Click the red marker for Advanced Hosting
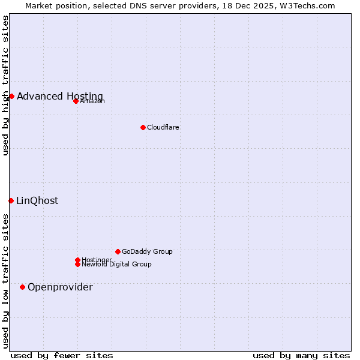click(x=11, y=96)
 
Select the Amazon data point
click(x=76, y=101)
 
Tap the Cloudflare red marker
click(x=143, y=127)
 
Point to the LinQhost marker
click(x=11, y=200)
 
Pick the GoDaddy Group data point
click(x=118, y=251)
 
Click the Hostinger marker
click(x=77, y=260)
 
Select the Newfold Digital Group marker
click(x=77, y=264)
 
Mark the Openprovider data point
click(x=22, y=287)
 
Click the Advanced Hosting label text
click(x=60, y=96)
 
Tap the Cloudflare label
click(x=163, y=127)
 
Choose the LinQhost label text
click(x=37, y=200)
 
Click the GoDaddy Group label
click(x=147, y=251)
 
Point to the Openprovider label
click(x=60, y=287)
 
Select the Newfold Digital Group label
click(x=116, y=264)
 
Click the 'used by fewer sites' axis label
click(x=62, y=355)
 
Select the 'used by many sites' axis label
click(x=301, y=355)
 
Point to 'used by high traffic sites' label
click(x=5, y=85)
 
